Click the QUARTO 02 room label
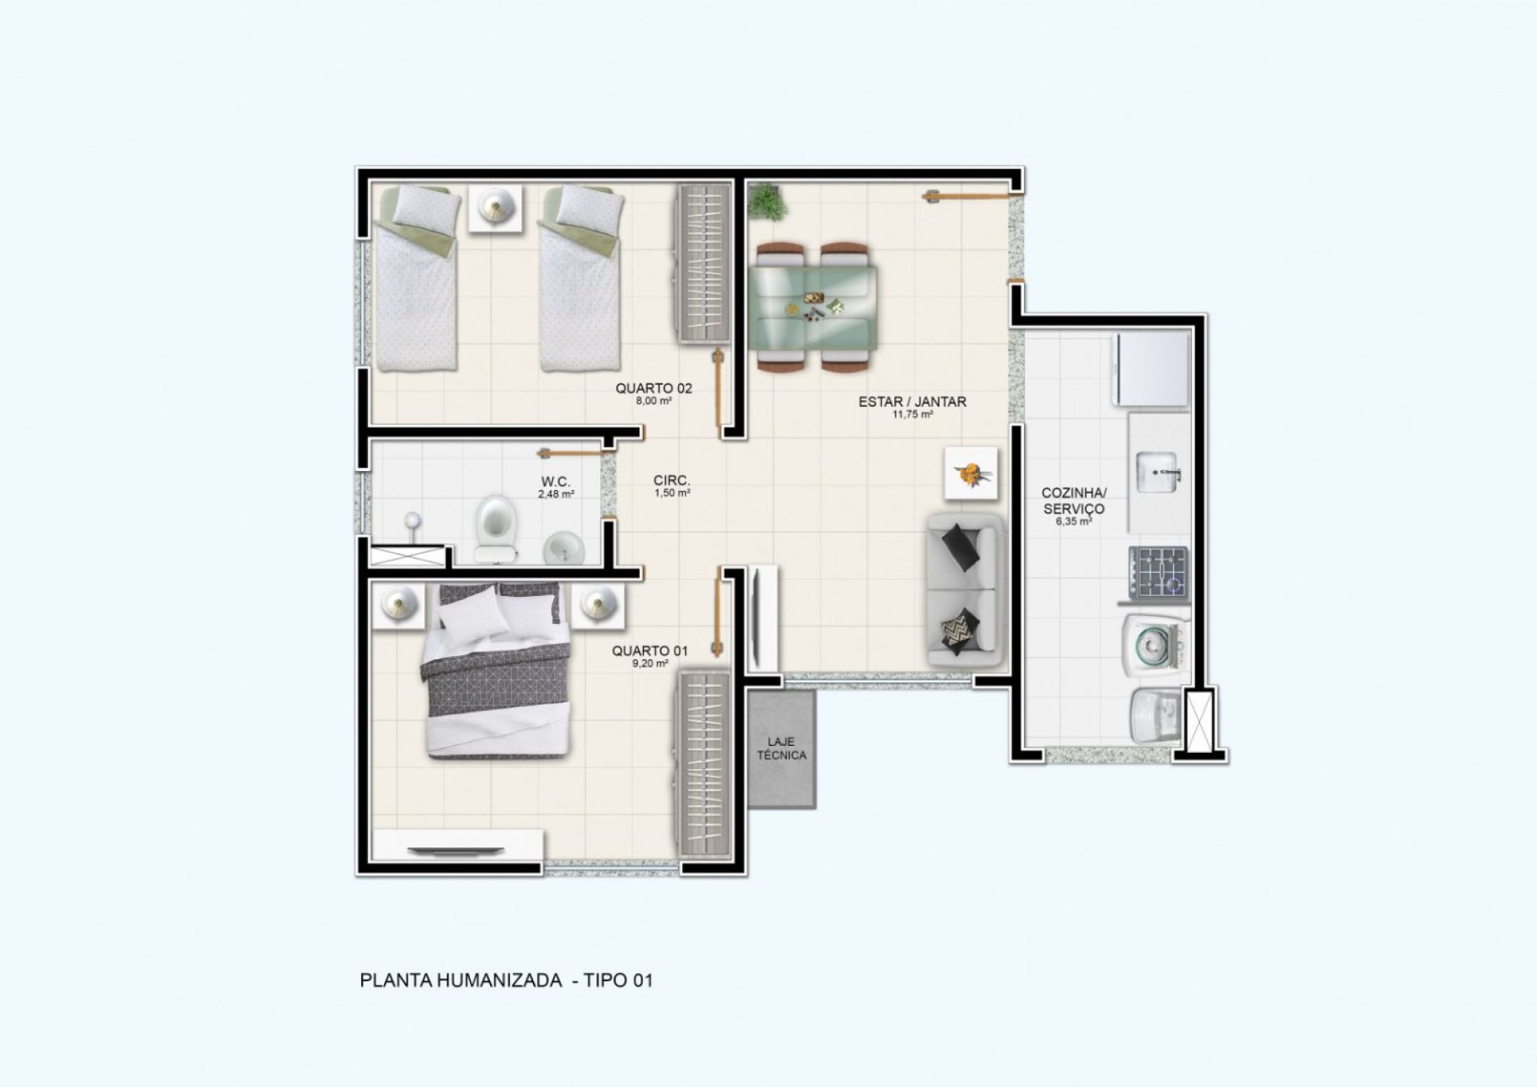tap(653, 389)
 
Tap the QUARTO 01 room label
tap(649, 651)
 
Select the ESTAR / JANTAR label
tap(912, 402)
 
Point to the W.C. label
tap(555, 481)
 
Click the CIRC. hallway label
tap(671, 481)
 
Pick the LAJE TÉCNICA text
tap(781, 749)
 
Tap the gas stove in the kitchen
tap(1158, 572)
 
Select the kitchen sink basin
tap(1157, 473)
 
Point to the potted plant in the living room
tap(768, 200)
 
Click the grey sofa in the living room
tap(964, 591)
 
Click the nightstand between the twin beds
tap(496, 208)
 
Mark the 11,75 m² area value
tap(913, 415)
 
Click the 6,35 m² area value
tap(1073, 521)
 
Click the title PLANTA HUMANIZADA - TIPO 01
tap(507, 980)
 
